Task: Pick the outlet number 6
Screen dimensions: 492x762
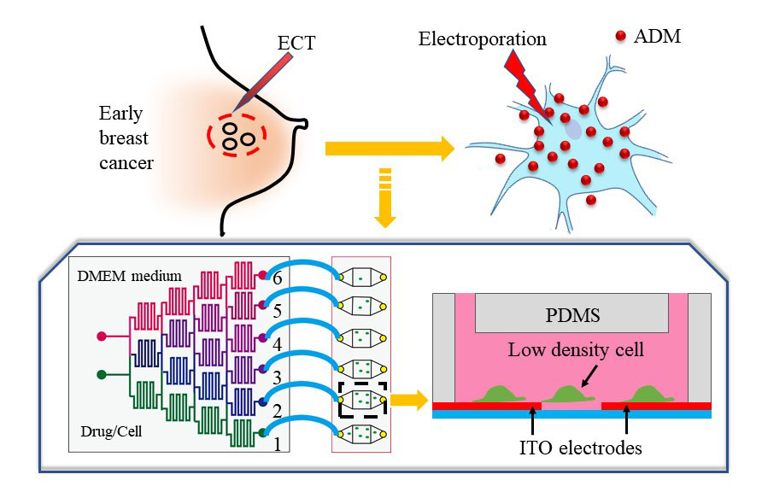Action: pos(275,278)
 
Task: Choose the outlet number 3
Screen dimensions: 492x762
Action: pos(275,377)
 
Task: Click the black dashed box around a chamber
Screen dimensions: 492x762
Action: pos(363,399)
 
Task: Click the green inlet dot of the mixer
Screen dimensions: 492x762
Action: pos(103,373)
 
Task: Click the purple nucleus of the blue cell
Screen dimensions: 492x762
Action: pos(572,128)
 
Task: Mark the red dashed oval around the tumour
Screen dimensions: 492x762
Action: pos(236,134)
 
